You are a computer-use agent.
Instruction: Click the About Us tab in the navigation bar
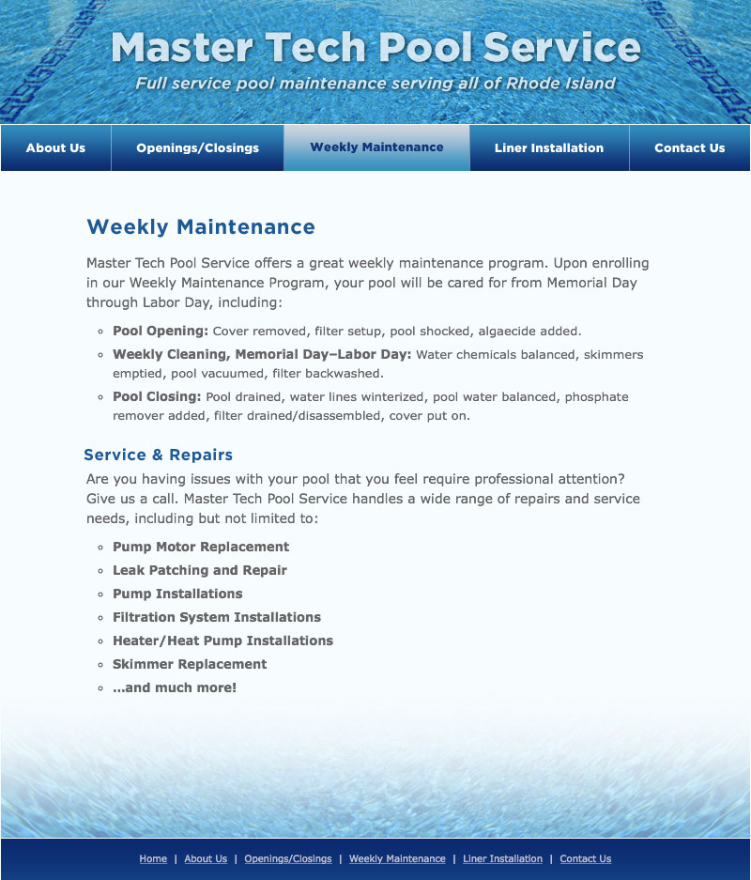coord(55,147)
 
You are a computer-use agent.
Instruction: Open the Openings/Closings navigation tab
coord(197,147)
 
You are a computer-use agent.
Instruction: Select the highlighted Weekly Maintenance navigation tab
coord(376,147)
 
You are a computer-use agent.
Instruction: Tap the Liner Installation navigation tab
coord(549,147)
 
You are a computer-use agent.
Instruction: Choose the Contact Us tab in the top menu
coord(689,147)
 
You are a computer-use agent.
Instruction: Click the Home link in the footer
coord(153,858)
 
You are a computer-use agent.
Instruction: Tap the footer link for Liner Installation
coord(502,858)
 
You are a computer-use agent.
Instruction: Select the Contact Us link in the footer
coord(585,858)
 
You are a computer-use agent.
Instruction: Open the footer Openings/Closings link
coord(288,858)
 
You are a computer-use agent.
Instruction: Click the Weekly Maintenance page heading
coord(201,227)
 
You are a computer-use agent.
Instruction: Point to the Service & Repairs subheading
coord(158,455)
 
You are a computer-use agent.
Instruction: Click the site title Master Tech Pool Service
coord(375,47)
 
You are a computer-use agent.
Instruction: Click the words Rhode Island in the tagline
coord(561,84)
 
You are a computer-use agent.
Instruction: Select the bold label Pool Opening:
coord(161,331)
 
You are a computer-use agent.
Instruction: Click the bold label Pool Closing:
coord(157,396)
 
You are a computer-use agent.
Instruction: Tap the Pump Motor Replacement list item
coord(201,547)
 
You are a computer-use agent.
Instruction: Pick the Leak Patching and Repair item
coord(200,570)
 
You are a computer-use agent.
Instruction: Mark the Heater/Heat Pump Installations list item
coord(222,641)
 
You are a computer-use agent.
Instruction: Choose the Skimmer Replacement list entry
coord(190,664)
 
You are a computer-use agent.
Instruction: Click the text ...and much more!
coord(175,687)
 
